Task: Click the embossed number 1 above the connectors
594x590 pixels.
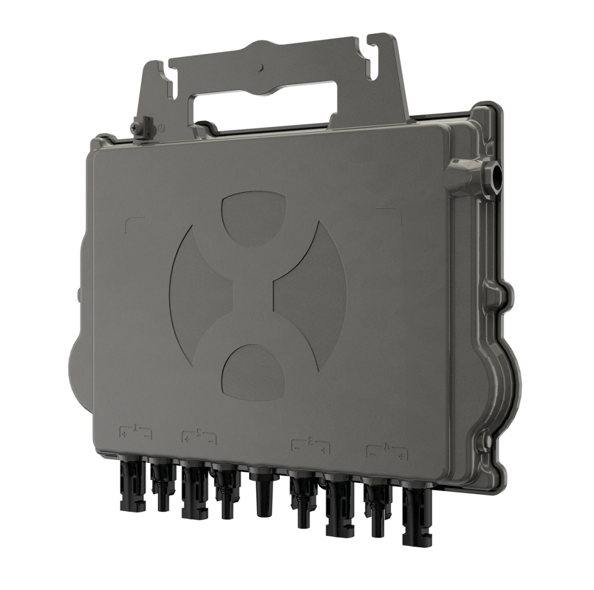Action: [x=135, y=428]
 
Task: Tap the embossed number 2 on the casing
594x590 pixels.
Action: [x=199, y=432]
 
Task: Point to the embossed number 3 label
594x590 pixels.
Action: [x=310, y=441]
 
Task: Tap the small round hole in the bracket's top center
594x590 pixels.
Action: [x=261, y=68]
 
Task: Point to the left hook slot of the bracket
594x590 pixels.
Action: [x=165, y=78]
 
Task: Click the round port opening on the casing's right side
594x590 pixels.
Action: [x=496, y=177]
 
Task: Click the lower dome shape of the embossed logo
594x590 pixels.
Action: [x=255, y=371]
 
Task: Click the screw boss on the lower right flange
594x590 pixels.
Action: [x=487, y=442]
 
